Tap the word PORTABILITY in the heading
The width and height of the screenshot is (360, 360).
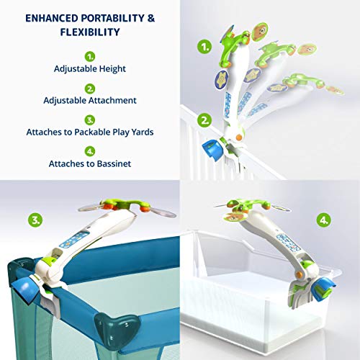(115, 17)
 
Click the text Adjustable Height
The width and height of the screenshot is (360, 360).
(90, 69)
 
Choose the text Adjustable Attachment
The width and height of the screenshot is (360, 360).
(90, 102)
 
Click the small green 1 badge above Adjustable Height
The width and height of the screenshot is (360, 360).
(90, 55)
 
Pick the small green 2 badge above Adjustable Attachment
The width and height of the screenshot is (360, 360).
(90, 88)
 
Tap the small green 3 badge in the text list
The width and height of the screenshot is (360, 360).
(90, 120)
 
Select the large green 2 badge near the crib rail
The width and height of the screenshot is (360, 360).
(205, 120)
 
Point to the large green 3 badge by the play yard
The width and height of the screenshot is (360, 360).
(34, 219)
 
